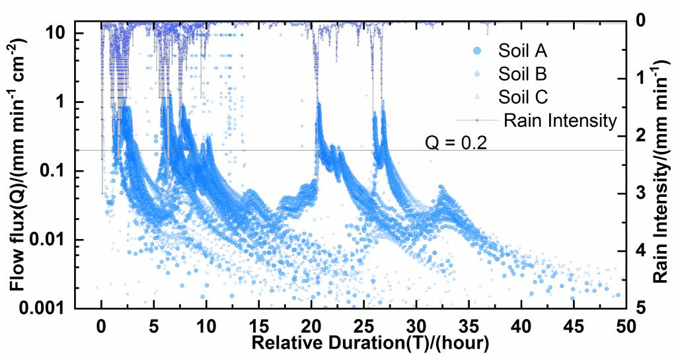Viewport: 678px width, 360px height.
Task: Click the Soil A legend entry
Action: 522,50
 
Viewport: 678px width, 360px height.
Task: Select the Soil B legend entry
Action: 522,73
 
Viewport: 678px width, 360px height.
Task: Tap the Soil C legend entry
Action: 522,97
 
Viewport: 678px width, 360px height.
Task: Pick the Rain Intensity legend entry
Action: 559,121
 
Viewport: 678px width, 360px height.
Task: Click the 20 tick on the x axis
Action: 311,326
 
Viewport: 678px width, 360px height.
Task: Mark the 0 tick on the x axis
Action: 101,326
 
